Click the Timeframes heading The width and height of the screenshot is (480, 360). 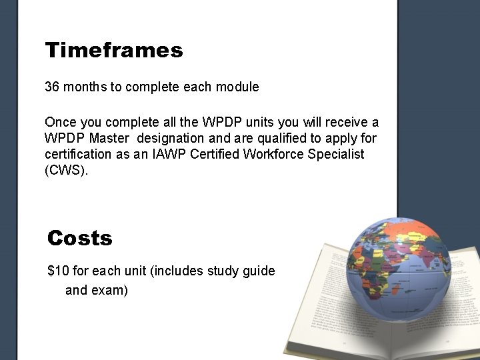click(113, 50)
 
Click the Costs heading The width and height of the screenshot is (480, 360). click(80, 238)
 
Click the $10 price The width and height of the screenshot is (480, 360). click(58, 271)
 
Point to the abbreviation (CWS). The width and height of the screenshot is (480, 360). click(66, 170)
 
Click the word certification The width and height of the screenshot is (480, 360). click(79, 154)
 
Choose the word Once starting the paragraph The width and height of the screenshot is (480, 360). click(61, 122)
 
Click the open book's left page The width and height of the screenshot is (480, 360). click(320, 293)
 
